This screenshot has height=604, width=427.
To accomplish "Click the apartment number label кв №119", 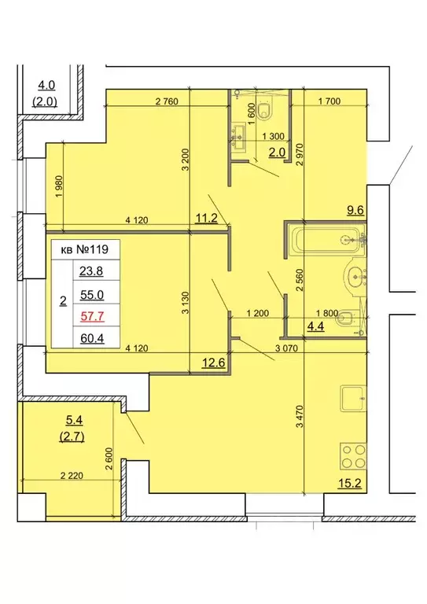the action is point(85,249).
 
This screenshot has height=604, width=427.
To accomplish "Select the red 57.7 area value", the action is point(92,317).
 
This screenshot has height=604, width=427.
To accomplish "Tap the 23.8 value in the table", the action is point(92,271).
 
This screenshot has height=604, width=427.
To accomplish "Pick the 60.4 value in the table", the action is point(92,339).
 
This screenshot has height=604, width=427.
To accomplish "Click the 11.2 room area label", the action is point(206,219).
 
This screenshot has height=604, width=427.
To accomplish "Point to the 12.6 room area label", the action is point(214,363).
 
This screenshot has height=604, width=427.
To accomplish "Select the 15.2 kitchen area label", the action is point(350,483).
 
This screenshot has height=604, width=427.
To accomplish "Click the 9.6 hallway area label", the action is point(355,211).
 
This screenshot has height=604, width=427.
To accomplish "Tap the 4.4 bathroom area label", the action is point(315,326).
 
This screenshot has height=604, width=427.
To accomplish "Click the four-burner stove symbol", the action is point(353,456).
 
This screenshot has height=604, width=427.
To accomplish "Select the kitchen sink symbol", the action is point(353,399).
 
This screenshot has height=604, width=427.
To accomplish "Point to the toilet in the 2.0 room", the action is point(265,109).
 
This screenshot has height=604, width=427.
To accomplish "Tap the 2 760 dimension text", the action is point(167,101).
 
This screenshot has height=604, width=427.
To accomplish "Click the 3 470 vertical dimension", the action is point(300,415).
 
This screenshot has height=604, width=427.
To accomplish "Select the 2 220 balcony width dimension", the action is point(72,476).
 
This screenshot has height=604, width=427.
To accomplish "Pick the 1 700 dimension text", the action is point(329,101).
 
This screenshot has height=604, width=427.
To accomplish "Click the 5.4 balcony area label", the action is point(74,420).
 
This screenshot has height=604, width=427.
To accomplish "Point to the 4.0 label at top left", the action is point(46,85).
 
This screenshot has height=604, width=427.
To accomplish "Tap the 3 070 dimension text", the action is point(286,348).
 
